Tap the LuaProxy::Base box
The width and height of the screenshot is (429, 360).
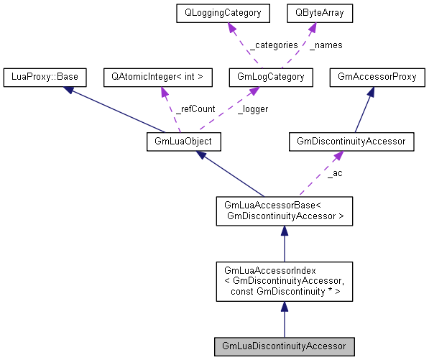coord(45,75)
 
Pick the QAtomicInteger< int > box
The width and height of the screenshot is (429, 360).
coord(157,75)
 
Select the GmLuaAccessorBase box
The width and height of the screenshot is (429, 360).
coord(285,211)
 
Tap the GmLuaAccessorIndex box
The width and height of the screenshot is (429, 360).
coord(285,281)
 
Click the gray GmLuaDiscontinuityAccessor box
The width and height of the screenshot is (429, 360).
coord(285,346)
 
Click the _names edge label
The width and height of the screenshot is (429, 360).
coord(326,45)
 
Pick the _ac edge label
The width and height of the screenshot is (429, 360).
coord(335,174)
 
